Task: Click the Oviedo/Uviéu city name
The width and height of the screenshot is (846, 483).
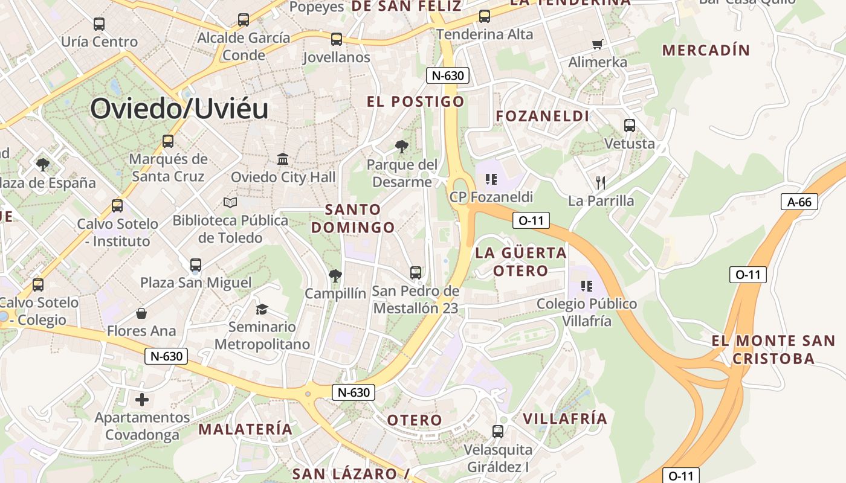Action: (179, 109)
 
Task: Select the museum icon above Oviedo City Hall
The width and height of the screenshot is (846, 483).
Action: (283, 159)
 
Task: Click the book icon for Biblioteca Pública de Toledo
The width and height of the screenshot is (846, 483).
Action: (230, 202)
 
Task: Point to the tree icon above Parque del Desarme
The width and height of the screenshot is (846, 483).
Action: (401, 146)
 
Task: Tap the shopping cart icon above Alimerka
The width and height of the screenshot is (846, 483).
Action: (598, 44)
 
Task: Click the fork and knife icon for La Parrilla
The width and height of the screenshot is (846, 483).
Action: (600, 182)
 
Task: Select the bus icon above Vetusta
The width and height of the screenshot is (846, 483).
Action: (630, 126)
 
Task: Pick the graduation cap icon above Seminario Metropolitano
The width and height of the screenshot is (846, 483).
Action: (262, 309)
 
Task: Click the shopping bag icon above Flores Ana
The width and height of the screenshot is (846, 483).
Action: (141, 313)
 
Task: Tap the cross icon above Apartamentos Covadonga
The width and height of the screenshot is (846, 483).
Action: (142, 399)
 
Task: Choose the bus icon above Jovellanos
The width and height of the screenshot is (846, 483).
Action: (337, 39)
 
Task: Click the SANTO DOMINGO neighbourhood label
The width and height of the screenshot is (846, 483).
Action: (354, 219)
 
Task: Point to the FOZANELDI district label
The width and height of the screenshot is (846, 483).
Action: (542, 116)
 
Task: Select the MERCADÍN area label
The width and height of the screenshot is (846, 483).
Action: (706, 50)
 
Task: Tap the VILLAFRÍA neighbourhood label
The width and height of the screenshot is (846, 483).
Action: (564, 418)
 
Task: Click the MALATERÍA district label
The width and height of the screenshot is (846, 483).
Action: (245, 429)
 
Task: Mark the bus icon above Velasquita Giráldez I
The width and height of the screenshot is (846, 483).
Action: (498, 432)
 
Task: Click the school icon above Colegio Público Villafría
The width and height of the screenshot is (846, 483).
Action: (586, 286)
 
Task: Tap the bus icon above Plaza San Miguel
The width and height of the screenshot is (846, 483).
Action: (196, 265)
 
